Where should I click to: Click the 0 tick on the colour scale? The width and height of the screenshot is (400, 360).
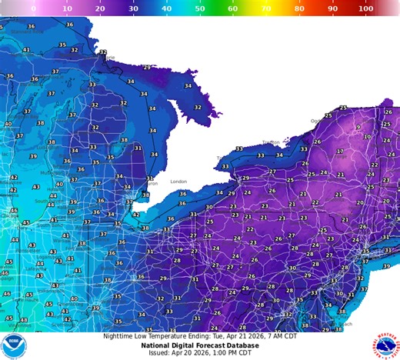pos(32,8)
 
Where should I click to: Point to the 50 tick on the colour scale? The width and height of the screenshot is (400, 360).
pos(199,8)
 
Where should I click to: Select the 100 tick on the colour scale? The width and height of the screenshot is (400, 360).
pos(366,8)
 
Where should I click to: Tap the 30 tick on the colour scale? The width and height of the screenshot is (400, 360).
pos(132,8)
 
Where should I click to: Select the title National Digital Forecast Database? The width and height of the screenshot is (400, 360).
pos(198,345)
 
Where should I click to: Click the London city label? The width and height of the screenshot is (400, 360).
pos(178,182)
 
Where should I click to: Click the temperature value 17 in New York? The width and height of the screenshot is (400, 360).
pos(340,152)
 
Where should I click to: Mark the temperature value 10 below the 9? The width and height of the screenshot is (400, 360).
pos(367,138)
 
